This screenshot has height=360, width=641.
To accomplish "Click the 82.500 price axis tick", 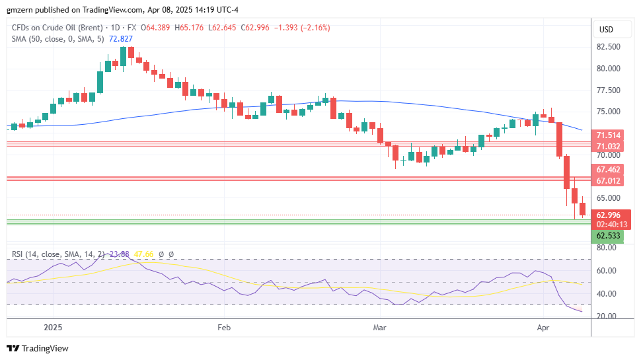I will (609, 47).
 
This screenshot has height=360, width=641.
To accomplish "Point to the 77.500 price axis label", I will (609, 90).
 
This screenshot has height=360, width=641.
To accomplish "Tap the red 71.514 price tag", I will (607, 135).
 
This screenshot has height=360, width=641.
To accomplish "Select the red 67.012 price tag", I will (607, 180).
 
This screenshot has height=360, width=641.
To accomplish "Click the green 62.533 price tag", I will (607, 235).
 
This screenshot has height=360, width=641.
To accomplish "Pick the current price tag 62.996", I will (607, 215).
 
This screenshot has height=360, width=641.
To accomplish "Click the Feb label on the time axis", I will (223, 327).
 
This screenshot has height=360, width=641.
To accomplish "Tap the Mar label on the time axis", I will (379, 327).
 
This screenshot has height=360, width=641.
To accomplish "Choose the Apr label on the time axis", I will (543, 327).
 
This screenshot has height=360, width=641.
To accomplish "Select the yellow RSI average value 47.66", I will (144, 254).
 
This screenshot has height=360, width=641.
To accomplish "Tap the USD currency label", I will (606, 29).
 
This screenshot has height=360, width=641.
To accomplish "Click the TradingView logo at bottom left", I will (38, 348).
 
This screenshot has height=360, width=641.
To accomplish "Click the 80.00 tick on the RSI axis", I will (607, 248).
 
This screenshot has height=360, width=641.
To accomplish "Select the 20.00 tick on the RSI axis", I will (607, 316).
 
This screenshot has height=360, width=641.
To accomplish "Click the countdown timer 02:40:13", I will (607, 224).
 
